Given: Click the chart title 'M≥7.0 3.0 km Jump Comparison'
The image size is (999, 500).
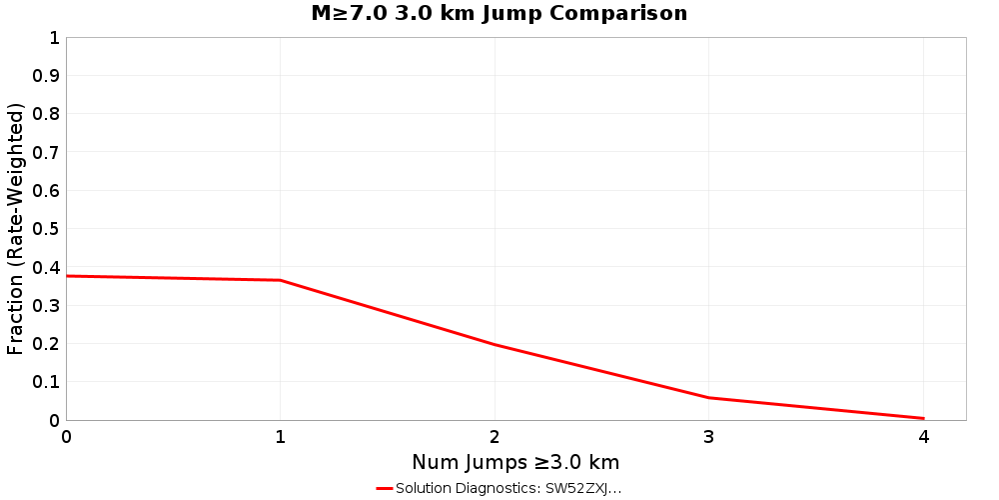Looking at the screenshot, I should (x=499, y=14).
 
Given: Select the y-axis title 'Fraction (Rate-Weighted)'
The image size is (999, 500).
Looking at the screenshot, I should (x=16, y=229).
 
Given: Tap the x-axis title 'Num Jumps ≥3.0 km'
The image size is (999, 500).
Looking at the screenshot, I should (x=515, y=462).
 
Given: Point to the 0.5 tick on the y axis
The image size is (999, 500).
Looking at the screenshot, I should (x=47, y=229).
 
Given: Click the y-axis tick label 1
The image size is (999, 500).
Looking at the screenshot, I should (x=54, y=38).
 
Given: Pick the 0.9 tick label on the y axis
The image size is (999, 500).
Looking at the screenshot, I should (x=47, y=76).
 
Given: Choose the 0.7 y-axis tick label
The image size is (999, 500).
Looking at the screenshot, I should (x=47, y=152).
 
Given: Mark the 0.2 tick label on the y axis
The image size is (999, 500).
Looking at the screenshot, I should (x=47, y=343).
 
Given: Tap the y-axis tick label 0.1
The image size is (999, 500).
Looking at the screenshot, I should (x=47, y=382).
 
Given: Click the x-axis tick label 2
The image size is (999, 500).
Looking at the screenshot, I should (x=495, y=437).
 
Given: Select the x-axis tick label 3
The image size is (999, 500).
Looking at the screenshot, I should (x=709, y=437).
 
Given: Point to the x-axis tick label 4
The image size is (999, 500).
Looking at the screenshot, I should (x=923, y=437).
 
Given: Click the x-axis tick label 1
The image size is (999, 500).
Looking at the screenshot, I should (x=281, y=437).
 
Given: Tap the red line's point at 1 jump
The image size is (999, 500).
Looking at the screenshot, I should (x=281, y=280).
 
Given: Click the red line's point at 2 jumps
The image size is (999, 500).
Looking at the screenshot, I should (x=495, y=345).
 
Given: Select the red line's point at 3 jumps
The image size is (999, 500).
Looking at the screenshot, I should (x=709, y=398).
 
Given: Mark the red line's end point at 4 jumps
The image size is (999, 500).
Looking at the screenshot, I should (x=923, y=418).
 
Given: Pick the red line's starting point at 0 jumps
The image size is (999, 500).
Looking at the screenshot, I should (x=67, y=276).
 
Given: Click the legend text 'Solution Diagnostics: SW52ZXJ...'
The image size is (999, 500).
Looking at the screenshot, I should (x=508, y=488).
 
